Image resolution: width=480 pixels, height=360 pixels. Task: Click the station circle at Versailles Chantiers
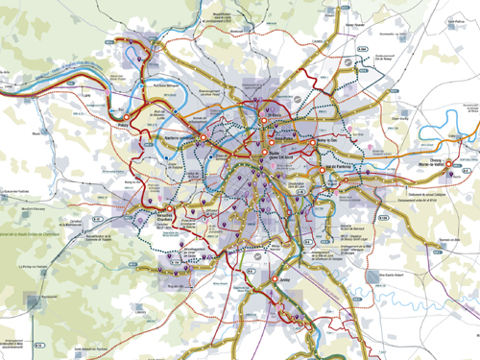coord(169,207)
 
